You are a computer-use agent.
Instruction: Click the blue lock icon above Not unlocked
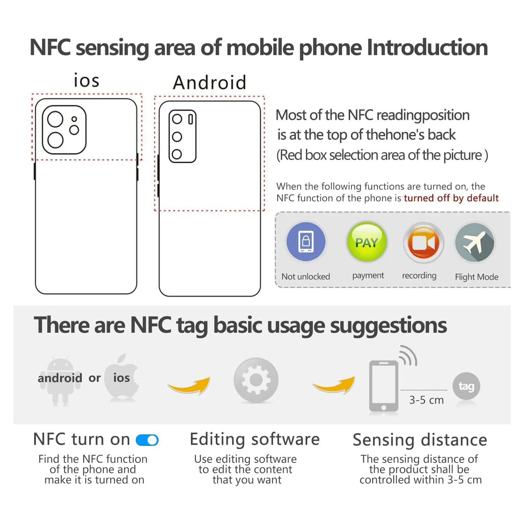click(306, 241)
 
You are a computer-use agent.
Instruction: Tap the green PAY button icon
click(367, 242)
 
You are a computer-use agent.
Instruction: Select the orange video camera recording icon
click(423, 243)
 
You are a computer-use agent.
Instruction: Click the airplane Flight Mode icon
click(475, 242)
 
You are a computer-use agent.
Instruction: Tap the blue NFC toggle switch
click(147, 440)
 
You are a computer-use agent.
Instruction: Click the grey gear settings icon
click(256, 380)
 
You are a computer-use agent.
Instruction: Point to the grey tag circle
click(466, 386)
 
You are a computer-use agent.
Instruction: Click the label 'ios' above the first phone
click(86, 80)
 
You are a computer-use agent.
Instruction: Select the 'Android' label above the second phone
click(210, 82)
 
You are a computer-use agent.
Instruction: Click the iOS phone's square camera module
click(64, 130)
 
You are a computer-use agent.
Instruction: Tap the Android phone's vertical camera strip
click(182, 137)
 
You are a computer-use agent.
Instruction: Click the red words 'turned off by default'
click(451, 198)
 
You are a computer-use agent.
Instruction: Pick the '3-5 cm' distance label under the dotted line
click(426, 400)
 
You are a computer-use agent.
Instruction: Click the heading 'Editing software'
click(255, 439)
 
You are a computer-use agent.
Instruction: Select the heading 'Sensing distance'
click(420, 440)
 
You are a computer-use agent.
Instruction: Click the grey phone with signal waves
click(384, 386)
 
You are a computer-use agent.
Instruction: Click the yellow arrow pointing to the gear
click(189, 385)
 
